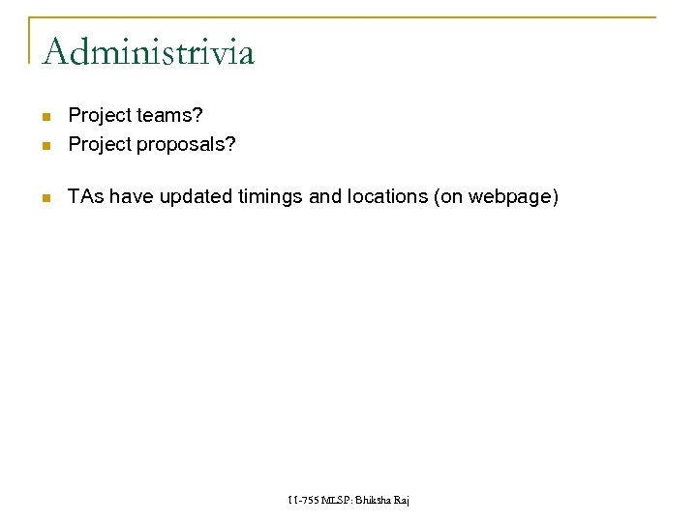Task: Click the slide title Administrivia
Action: click(x=148, y=51)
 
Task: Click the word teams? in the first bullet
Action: click(x=169, y=116)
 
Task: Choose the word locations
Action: click(x=387, y=197)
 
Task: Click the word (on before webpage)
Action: click(x=449, y=197)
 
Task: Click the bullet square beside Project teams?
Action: click(x=45, y=118)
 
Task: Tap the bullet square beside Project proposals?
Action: click(x=45, y=146)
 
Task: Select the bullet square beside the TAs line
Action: click(x=45, y=198)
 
